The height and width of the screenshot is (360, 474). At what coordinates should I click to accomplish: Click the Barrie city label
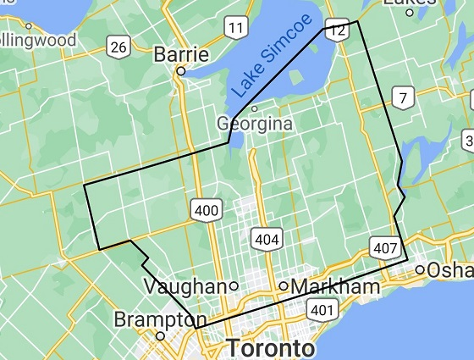181,55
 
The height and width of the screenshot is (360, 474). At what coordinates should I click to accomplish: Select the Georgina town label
255,124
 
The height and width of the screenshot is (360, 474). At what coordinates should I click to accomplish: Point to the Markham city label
335,287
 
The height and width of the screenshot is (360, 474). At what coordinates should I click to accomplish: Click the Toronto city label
271,348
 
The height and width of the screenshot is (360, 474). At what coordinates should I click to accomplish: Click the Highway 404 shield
266,240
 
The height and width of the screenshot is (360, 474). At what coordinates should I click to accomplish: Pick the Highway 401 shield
322,310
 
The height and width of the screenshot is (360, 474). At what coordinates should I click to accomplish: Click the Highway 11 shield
236,30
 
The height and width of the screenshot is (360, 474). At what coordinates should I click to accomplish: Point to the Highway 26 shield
118,47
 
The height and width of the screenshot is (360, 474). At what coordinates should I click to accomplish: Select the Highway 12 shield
337,30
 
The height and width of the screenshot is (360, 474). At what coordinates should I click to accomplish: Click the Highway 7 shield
405,98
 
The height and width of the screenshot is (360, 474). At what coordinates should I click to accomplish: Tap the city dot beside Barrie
180,72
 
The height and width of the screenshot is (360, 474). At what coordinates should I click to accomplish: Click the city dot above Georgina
254,108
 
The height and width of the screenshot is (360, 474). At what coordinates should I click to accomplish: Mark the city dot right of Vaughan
233,285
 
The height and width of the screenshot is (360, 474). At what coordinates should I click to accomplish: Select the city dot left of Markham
284,285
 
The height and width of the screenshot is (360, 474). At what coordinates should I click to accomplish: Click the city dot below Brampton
159,335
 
